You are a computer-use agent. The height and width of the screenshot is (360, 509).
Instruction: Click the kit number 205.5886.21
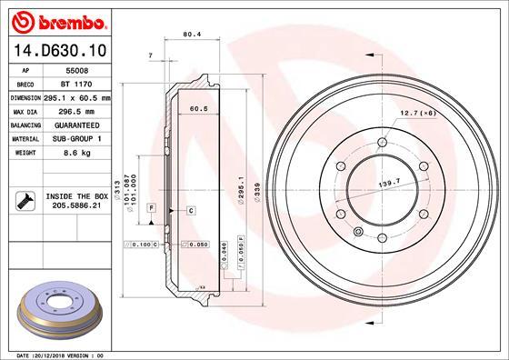75,205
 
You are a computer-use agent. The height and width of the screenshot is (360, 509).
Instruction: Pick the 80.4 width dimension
192,35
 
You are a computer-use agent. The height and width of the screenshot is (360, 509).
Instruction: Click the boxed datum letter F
152,209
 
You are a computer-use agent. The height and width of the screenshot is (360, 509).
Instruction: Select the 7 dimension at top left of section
150,57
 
